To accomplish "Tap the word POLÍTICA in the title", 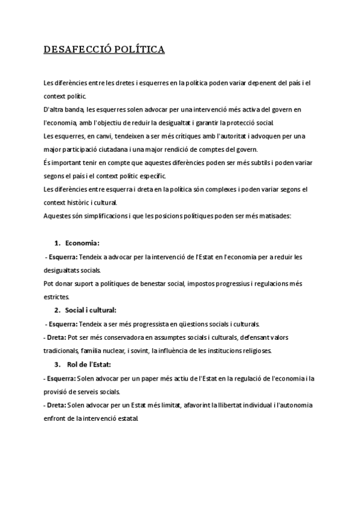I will [x=139, y=50].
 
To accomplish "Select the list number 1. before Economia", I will [x=58, y=243].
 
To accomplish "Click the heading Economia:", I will [x=82, y=243].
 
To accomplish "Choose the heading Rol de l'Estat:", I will [x=89, y=364].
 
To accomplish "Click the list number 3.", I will [x=58, y=364].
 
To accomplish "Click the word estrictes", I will [x=57, y=297].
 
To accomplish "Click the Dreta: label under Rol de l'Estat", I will [x=56, y=405].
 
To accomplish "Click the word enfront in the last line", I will [x=57, y=418].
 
